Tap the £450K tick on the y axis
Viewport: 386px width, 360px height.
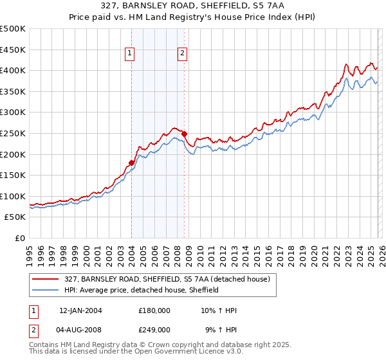pos(13,50)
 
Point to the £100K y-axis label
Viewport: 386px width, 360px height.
pos(13,197)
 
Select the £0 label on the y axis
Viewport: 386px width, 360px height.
pos(19,239)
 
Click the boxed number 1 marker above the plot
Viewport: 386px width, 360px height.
pos(131,53)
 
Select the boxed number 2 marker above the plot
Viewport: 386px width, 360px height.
pos(183,53)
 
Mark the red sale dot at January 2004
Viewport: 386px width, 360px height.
pos(131,163)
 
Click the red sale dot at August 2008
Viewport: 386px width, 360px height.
pos(184,134)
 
